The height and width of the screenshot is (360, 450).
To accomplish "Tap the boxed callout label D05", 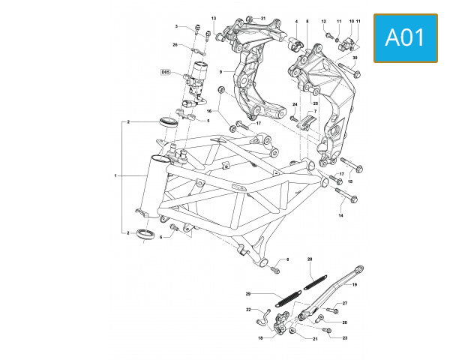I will pos(166,73).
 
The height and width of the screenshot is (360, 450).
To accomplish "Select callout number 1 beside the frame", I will pos(115,176).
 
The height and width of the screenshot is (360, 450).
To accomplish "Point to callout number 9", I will pos(221,72).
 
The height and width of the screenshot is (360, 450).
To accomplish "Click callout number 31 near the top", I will pos(263,17).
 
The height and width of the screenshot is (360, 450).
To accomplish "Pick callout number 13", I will pos(213,18).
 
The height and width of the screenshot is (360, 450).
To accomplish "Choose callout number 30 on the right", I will pos(355,58).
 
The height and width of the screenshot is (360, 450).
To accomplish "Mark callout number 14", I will pos(340,215).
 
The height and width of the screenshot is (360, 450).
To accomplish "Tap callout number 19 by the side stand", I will pos(354,285).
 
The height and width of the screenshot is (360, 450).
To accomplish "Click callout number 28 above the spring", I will pos(309,259).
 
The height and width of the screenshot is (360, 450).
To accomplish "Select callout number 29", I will pos(247,293).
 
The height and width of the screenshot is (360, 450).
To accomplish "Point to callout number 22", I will pos(248,309).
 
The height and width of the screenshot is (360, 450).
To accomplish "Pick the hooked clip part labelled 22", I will pos(263,318).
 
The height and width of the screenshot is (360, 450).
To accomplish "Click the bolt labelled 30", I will pos(349,71).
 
